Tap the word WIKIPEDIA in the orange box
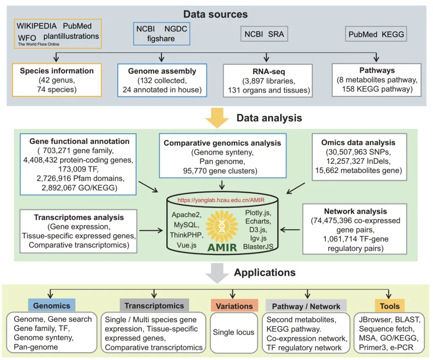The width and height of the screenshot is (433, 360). (x=37, y=26)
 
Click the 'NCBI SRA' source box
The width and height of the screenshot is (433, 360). (x=264, y=34)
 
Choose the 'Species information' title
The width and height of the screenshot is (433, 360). (x=57, y=71)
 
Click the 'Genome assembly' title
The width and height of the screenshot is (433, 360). (x=162, y=71)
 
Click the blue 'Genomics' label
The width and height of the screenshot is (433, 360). (x=51, y=306)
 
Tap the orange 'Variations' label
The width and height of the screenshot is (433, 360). (x=235, y=306)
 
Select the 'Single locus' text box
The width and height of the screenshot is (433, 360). (x=234, y=332)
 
